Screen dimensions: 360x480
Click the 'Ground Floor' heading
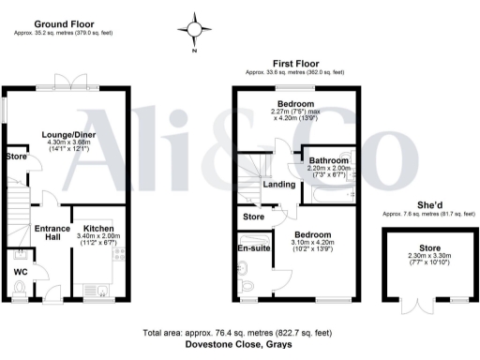[62, 22]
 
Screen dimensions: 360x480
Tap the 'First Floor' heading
[293, 62]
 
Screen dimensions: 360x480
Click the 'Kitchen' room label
[98, 228]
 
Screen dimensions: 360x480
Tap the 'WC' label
[21, 273]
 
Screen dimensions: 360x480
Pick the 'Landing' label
[282, 184]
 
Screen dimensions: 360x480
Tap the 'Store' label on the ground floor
[16, 157]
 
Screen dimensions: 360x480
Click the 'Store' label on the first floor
[253, 217]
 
